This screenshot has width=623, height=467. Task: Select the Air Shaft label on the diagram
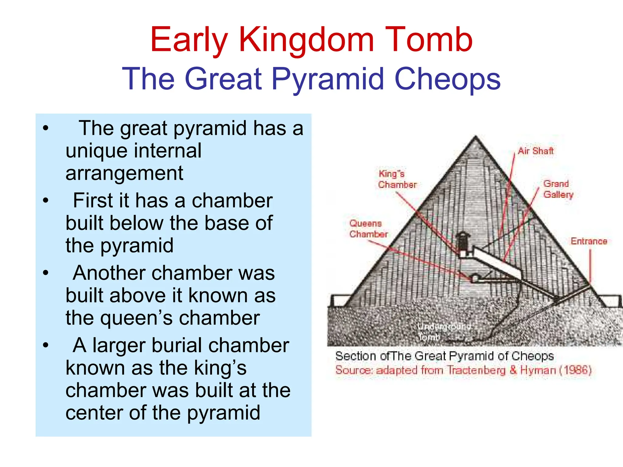tap(535, 151)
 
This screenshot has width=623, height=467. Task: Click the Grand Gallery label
tap(558, 189)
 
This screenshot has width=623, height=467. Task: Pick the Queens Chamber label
tap(368, 229)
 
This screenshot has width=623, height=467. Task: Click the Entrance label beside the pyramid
tap(589, 241)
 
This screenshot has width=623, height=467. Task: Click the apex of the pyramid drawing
tap(475, 138)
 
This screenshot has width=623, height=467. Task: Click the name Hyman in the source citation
tap(538, 370)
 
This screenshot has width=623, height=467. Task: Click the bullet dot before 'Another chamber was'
tap(46, 272)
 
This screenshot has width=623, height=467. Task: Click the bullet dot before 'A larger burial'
tap(46, 345)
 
